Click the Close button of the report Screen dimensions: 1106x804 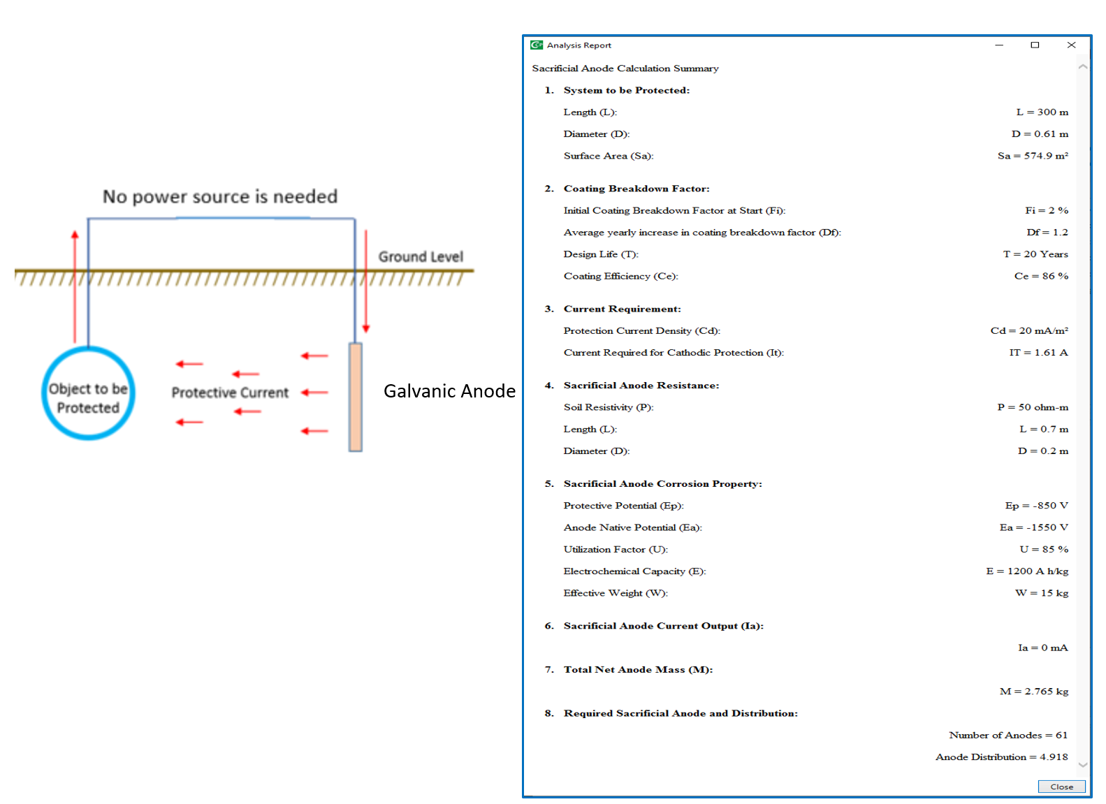tap(1061, 787)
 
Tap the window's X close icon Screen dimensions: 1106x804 tap(1071, 45)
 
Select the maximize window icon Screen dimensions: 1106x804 tap(1035, 45)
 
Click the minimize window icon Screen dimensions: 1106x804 tap(999, 45)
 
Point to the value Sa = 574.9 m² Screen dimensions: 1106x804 tap(1033, 156)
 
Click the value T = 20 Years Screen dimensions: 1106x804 tap(1035, 254)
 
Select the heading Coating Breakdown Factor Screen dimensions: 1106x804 tap(636, 189)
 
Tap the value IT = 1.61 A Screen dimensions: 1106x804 tap(1038, 352)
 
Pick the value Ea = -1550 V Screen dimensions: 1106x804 tap(1034, 527)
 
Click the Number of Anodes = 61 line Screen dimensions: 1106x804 tap(1007, 735)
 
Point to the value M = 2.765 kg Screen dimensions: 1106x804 tap(1034, 691)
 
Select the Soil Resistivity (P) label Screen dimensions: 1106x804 tap(609, 407)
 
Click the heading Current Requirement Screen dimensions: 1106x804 tap(622, 309)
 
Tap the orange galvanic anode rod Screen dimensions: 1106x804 tap(356, 397)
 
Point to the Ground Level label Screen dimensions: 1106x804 tap(421, 256)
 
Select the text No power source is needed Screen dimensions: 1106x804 tap(220, 196)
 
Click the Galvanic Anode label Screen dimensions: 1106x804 tap(449, 391)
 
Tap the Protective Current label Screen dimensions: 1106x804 tap(230, 393)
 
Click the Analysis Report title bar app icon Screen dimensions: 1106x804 tap(536, 45)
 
